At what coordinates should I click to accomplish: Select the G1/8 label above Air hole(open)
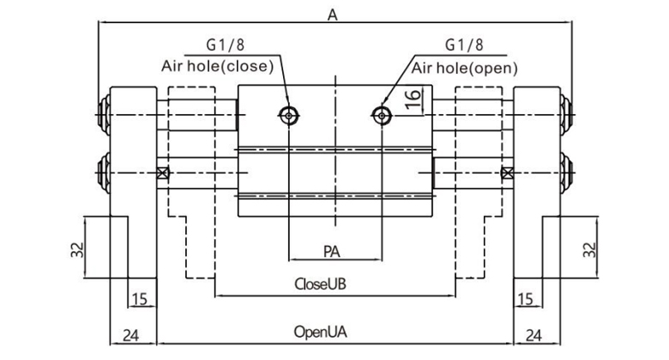(464, 45)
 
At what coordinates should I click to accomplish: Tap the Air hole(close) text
(217, 65)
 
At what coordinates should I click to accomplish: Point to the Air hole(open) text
(466, 65)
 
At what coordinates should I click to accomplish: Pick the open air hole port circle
(382, 115)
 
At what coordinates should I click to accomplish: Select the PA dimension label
(334, 251)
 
